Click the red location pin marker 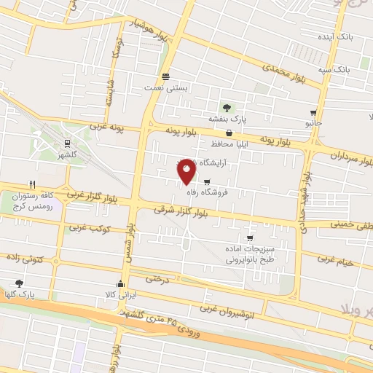click(186, 170)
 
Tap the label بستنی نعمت click(166, 87)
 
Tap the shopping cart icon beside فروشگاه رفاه click(208, 182)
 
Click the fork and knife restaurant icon click(32, 184)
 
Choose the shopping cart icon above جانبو click(313, 113)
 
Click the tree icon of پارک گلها click(19, 283)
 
